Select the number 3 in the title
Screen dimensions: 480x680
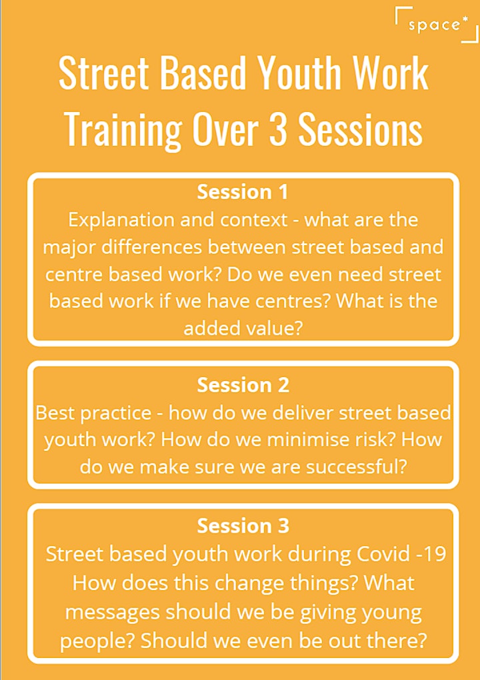click(278, 129)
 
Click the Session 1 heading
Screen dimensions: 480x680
click(243, 192)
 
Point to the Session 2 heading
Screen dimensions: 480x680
click(243, 385)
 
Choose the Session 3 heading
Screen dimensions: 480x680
click(243, 525)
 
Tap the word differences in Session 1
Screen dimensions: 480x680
click(151, 247)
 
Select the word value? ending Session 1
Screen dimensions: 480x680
click(273, 328)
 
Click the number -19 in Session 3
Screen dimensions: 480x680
click(431, 554)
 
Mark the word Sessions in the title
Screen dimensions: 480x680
click(360, 129)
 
